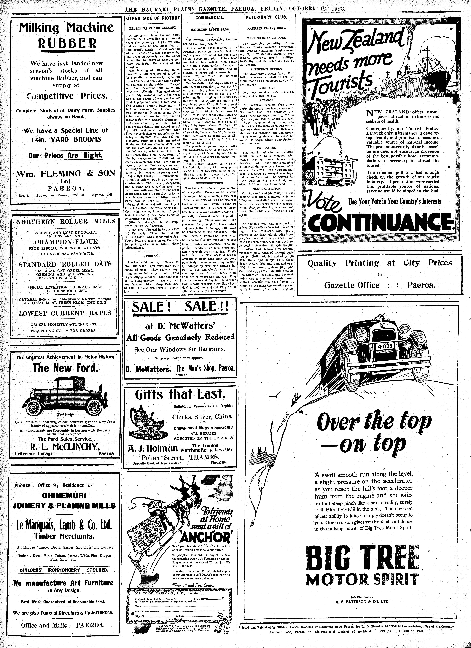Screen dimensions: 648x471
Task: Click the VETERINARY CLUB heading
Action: click(266, 17)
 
